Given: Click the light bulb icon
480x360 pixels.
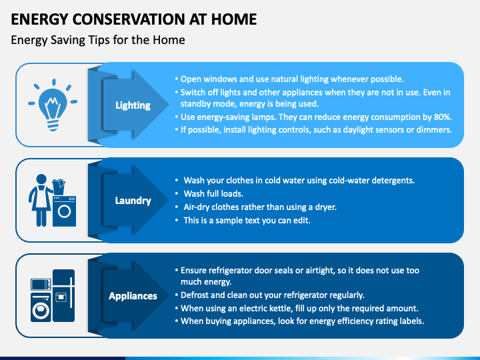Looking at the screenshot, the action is tap(53, 105).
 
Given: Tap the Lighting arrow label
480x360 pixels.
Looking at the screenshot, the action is tap(133, 105).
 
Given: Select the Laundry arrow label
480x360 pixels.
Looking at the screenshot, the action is tap(133, 201).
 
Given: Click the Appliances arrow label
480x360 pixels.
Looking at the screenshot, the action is tap(133, 296).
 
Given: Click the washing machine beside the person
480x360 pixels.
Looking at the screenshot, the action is tap(64, 211).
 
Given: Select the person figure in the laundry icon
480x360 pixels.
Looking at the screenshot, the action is tap(41, 200).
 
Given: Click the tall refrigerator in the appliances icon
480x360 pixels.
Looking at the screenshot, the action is tap(64, 295).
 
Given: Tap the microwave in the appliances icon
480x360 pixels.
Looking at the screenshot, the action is tap(41, 285).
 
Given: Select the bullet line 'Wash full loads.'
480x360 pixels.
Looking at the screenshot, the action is tap(213, 194).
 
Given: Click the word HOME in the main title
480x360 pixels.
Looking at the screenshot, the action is tap(234, 19).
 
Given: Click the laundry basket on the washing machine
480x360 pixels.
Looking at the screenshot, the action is tap(59, 187).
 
